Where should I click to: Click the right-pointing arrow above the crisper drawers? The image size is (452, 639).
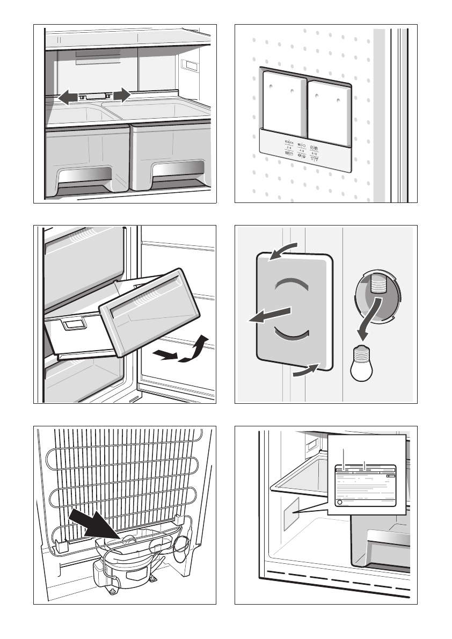click(122, 95)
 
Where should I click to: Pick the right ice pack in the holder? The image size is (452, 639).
click(329, 109)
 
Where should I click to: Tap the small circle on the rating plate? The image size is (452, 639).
click(338, 503)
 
